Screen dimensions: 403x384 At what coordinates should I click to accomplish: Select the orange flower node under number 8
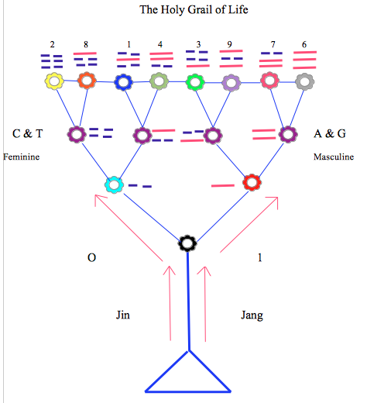pyautogui.click(x=87, y=80)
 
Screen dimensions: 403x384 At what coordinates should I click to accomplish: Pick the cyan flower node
pyautogui.click(x=115, y=184)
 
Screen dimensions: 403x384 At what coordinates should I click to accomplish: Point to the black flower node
pyautogui.click(x=187, y=243)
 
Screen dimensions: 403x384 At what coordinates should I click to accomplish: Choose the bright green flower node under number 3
pyautogui.click(x=194, y=81)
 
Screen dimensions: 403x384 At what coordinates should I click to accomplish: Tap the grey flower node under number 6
pyautogui.click(x=305, y=80)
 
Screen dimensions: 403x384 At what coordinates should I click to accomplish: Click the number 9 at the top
pyautogui.click(x=230, y=45)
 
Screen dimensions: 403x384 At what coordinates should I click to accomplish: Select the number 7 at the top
pyautogui.click(x=273, y=45)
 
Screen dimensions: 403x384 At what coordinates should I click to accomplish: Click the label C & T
pyautogui.click(x=28, y=134)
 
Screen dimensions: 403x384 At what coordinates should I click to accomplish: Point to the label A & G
pyautogui.click(x=330, y=134)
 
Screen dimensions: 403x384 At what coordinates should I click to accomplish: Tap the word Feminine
pyautogui.click(x=22, y=157)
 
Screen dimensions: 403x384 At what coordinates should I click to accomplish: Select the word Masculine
pyautogui.click(x=334, y=157)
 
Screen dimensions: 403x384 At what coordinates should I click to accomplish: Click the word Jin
pyautogui.click(x=123, y=315)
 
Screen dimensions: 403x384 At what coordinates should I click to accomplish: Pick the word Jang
pyautogui.click(x=252, y=315)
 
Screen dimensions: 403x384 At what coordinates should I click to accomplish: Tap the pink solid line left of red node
pyautogui.click(x=223, y=186)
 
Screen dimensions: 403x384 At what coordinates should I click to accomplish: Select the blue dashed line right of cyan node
pyautogui.click(x=139, y=186)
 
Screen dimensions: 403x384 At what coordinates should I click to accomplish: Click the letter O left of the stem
pyautogui.click(x=91, y=258)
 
